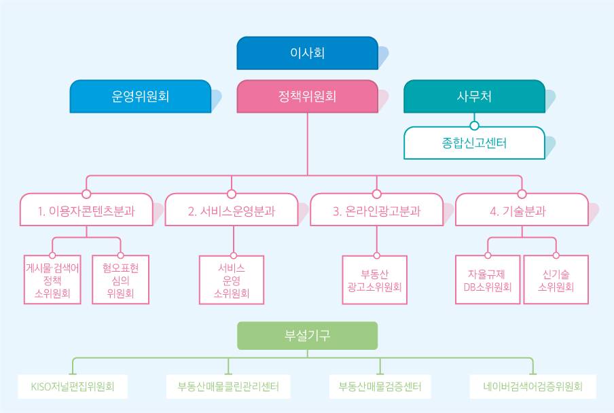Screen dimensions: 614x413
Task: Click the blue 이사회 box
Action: click(308, 53)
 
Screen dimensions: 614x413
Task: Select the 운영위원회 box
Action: click(141, 96)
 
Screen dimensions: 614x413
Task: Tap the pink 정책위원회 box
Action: click(308, 96)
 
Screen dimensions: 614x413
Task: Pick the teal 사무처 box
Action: click(474, 96)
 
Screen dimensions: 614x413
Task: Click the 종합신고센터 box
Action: click(474, 143)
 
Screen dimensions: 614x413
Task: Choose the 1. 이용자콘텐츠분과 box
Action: click(86, 210)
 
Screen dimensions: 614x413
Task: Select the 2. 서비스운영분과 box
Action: click(232, 210)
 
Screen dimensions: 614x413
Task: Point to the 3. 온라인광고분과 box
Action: click(377, 210)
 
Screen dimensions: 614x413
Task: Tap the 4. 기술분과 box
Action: click(522, 210)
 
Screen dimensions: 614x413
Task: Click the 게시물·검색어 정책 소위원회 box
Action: click(52, 280)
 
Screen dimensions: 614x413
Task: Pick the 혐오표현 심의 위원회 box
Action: click(121, 280)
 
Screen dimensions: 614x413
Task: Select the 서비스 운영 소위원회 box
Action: click(232, 280)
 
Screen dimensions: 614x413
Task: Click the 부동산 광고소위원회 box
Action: click(375, 280)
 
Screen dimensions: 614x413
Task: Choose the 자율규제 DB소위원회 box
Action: click(488, 280)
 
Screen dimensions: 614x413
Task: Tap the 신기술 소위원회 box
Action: click(556, 280)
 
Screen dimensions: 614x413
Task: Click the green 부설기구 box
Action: click(308, 336)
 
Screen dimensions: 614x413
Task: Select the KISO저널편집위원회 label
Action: click(73, 387)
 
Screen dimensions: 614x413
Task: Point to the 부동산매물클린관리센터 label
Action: click(228, 387)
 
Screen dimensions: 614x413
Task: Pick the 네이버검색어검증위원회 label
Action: click(533, 387)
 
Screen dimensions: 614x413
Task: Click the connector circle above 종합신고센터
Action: click(474, 126)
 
